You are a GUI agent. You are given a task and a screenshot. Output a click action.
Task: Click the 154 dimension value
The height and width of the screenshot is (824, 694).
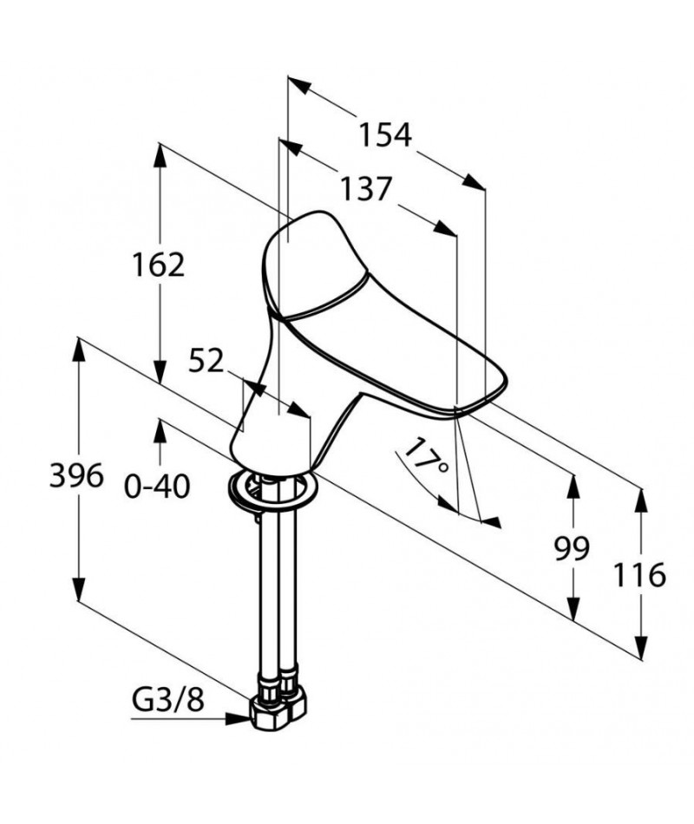[x=385, y=135]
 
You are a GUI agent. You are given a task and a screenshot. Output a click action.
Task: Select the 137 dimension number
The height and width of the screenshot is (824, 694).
[x=366, y=189]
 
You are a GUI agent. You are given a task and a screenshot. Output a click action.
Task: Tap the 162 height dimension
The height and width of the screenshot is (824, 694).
[x=158, y=265]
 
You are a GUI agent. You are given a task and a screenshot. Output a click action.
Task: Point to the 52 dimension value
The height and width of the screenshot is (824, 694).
[x=206, y=361]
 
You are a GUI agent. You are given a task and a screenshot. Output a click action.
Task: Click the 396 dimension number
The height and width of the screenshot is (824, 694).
[x=76, y=476]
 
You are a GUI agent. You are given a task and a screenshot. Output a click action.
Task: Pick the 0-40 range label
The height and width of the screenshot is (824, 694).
[x=157, y=487]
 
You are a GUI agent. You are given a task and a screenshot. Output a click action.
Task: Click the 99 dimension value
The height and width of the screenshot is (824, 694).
[x=572, y=549]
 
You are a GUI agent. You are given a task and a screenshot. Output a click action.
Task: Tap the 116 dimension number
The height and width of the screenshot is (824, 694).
[x=640, y=574]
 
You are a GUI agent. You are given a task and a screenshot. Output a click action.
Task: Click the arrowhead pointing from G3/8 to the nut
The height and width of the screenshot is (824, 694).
[x=238, y=718]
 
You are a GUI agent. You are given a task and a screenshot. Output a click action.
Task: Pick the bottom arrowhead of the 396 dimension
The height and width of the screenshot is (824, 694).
[x=78, y=589]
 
